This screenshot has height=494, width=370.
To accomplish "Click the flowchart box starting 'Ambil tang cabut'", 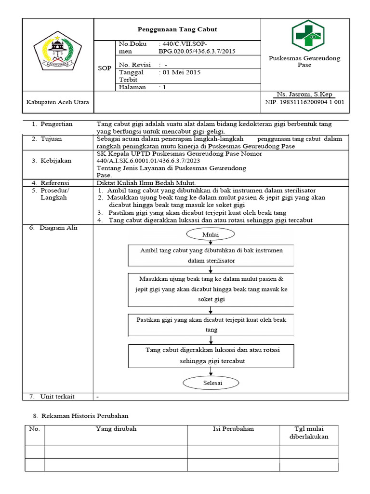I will [x=211, y=255].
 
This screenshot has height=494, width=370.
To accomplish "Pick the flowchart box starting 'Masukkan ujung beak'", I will [x=211, y=289].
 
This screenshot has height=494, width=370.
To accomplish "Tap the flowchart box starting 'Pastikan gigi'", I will [x=211, y=325].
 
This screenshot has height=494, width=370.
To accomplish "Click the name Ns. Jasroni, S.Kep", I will [x=304, y=94].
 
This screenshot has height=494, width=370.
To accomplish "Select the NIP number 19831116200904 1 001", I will [x=304, y=102].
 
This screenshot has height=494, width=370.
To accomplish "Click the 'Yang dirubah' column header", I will [x=116, y=429].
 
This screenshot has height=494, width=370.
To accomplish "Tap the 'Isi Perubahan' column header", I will [x=233, y=429].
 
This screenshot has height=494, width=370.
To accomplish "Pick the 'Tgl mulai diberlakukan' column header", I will [x=308, y=433].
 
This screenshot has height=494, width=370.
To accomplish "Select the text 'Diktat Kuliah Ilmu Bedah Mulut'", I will [x=146, y=183].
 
